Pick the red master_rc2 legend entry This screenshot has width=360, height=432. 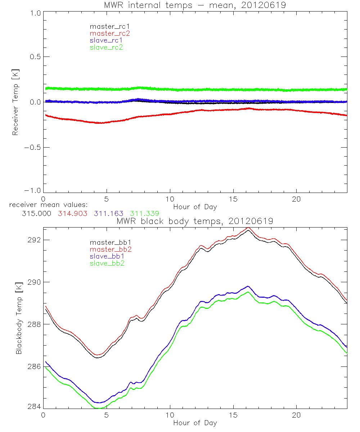109,33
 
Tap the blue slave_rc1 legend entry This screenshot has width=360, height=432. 106,40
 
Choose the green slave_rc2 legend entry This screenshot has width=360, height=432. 106,47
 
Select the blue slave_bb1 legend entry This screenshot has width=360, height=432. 108,256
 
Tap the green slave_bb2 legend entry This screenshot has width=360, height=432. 108,264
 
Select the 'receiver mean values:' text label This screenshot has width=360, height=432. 45,205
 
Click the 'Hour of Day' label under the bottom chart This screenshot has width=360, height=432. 195,423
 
